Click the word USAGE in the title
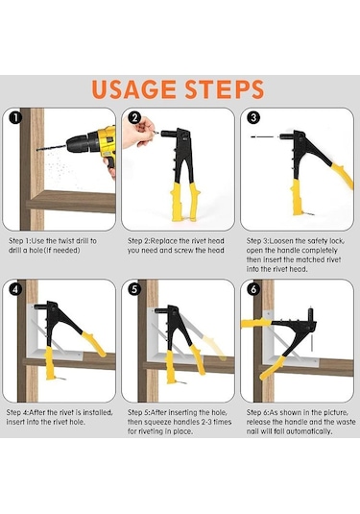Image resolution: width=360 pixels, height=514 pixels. point(134,89)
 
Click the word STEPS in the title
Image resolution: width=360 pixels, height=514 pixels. point(225,89)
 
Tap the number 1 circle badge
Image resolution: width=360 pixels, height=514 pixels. point(15,117)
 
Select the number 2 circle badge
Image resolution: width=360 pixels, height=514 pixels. point(134,117)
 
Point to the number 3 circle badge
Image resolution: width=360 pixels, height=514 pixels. point(253,117)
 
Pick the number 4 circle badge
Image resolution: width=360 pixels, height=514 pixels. point(15,289)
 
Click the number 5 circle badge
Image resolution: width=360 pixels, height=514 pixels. point(134,289)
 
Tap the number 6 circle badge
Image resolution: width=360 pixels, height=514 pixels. point(253,289)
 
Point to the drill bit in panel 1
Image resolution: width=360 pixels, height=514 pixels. point(52,148)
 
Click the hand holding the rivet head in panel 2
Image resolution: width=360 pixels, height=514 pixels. point(137,133)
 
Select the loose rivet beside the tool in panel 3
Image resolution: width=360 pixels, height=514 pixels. point(264,136)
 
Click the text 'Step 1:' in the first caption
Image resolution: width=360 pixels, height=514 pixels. point(19,241)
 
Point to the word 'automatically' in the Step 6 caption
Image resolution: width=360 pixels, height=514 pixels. point(309,431)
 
